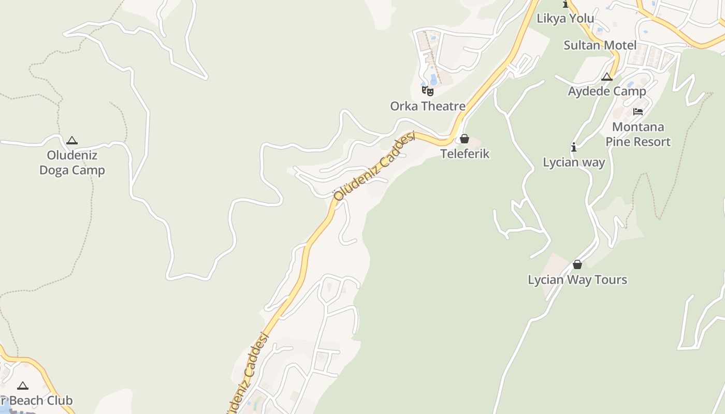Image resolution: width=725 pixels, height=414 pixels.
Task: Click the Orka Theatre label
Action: click(428, 106)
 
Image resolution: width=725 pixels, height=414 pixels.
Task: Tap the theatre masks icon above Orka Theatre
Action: click(428, 91)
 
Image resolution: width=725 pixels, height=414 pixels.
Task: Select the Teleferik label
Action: click(465, 154)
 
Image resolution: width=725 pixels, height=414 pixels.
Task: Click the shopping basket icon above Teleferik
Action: click(465, 139)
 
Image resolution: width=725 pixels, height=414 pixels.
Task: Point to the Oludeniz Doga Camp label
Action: click(72, 162)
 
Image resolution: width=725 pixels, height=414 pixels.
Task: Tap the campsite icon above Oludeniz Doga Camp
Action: click(72, 140)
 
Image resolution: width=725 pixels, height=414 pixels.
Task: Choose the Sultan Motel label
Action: click(600, 45)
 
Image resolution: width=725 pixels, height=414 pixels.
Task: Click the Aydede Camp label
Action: click(607, 91)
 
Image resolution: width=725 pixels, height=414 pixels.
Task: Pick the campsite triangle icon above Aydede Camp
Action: click(607, 77)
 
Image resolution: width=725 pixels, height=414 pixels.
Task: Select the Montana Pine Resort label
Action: click(638, 134)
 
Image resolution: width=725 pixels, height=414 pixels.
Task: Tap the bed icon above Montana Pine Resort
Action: click(638, 112)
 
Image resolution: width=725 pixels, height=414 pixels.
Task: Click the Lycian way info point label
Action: click(574, 162)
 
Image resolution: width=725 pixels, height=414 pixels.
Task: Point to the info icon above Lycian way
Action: click(574, 147)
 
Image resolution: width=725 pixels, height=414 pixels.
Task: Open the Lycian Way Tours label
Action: click(577, 279)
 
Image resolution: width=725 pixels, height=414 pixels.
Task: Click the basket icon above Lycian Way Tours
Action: click(577, 265)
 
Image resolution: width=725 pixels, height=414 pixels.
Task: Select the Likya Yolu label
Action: click(565, 19)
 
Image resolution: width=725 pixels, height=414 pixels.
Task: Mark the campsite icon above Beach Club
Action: click(22, 386)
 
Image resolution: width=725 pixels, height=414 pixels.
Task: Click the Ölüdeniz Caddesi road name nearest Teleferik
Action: click(374, 166)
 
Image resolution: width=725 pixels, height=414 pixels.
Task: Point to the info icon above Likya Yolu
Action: click(565, 5)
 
